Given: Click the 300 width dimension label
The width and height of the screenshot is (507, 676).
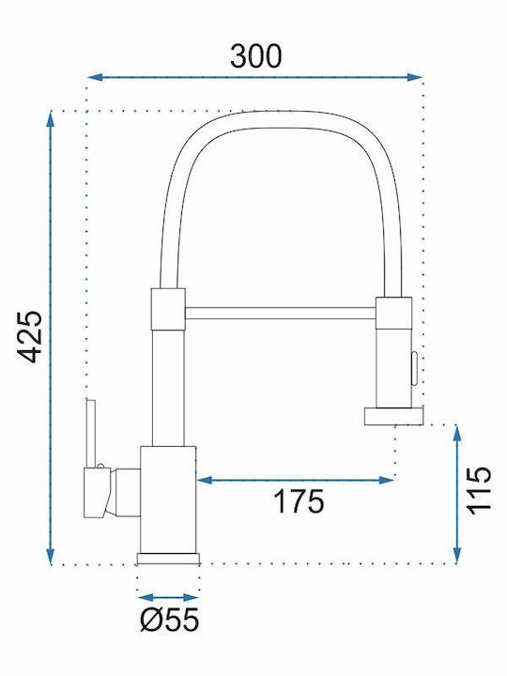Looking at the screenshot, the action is [256, 56].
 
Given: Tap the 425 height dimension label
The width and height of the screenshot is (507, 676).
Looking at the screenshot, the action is [29, 336].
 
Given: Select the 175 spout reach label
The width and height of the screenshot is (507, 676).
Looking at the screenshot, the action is [299, 501].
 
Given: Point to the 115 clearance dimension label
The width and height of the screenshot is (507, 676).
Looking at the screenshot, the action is [479, 490].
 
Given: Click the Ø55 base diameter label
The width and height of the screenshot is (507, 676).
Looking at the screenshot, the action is [170, 620].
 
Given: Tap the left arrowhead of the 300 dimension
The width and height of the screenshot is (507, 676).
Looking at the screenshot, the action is [95, 78].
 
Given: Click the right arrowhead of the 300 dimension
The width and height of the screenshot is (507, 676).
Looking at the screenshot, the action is [414, 78].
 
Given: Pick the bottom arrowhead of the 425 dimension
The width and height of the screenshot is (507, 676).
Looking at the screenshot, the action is [51, 555].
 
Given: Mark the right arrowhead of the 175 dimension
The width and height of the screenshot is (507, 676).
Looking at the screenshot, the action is [386, 480].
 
